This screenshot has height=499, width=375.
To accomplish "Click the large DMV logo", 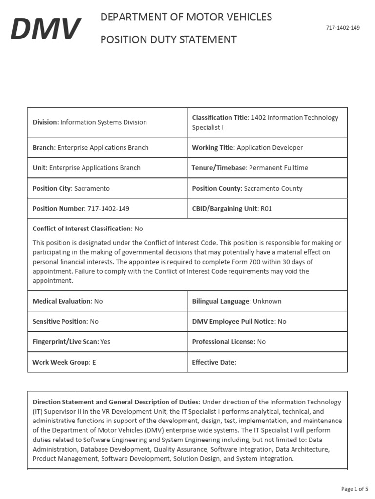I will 46,29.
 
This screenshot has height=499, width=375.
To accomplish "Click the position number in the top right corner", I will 342,28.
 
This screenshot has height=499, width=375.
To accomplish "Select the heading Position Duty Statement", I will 168,39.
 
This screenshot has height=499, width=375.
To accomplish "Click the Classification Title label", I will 220,118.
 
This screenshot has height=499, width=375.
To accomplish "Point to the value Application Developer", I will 270,147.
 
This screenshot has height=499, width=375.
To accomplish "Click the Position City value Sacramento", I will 92,188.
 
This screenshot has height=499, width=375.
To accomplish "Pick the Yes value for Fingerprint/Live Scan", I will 105,342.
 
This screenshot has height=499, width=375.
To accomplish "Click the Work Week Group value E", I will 94,362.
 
